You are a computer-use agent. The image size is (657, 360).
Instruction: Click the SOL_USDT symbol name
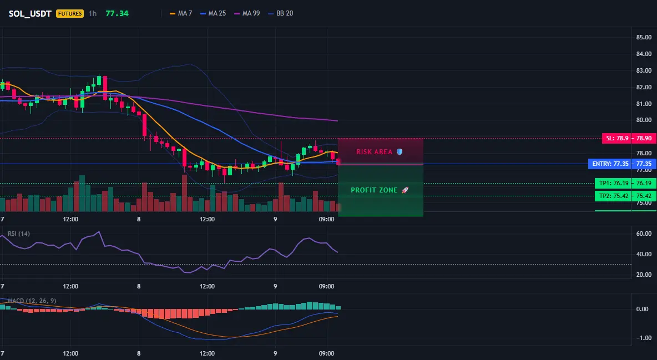pos(30,13)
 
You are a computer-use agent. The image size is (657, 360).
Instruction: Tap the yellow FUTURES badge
pos(70,13)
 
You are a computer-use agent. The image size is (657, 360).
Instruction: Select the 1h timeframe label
pos(93,13)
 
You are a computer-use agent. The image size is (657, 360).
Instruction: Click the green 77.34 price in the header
pos(117,13)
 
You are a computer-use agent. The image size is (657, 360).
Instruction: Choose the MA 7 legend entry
pos(180,13)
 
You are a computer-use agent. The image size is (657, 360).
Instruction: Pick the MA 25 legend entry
pos(213,13)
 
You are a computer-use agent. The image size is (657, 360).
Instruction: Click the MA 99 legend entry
pos(247,13)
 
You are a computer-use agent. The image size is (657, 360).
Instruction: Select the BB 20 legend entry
pos(281,13)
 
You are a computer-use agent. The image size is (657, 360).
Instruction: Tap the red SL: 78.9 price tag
pos(629,138)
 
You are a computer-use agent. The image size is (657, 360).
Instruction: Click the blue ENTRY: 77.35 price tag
pos(622,164)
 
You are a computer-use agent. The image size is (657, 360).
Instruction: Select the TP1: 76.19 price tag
pos(625,183)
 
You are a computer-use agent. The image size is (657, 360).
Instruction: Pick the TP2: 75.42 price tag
pos(625,196)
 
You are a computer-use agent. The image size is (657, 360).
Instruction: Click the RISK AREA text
pos(374,152)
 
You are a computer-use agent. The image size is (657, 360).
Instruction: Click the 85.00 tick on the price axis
pos(644,37)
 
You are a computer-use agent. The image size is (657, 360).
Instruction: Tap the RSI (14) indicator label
pos(18,234)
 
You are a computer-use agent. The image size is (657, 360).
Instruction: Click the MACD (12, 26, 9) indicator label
pos(32,301)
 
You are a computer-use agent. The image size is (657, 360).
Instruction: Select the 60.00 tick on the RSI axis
pos(644,234)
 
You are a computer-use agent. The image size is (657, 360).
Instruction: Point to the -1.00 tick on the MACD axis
pos(643,338)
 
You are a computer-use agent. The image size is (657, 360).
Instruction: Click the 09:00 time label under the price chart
pos(326,219)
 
